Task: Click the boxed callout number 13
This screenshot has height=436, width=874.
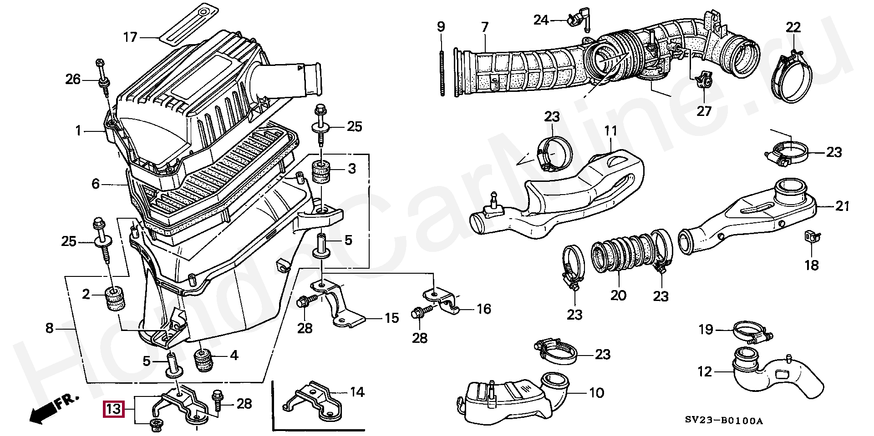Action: [x=113, y=409]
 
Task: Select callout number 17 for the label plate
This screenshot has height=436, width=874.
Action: [x=131, y=37]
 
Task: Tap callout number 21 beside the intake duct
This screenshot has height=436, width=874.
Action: [x=843, y=206]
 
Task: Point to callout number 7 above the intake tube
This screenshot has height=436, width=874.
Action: [x=484, y=27]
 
